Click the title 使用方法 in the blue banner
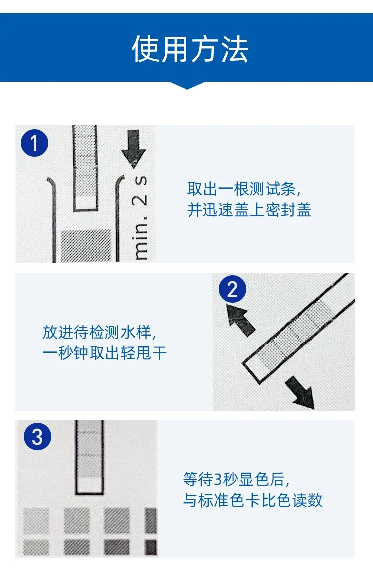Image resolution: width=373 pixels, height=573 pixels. pos(190,49)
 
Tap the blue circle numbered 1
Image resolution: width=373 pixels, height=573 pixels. pos(35,143)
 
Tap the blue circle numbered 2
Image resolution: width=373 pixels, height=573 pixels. pos(232,289)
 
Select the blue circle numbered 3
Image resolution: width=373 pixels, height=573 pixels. pos(37,436)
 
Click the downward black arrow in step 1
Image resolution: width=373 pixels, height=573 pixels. pos(134,148)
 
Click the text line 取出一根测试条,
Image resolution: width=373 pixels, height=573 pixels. pos(244,189)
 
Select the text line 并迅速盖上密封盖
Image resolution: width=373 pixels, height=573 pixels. pos(249,210)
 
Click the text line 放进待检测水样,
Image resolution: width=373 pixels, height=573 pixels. pos(99,332)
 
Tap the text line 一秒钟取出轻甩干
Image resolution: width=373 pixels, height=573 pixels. pos(104,353)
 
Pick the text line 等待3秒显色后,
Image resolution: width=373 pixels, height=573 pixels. pos(237,479)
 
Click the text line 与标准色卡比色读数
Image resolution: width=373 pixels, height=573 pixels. pos(253,500)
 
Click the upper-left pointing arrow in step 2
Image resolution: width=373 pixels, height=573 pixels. pos(240,320)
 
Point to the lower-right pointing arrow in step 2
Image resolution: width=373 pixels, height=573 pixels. pos(300,392)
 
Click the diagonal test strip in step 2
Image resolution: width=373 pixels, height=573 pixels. pos(298,329)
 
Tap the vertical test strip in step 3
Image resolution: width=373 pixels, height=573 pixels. pos(90,458)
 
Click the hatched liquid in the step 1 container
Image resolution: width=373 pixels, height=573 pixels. pos(86,246)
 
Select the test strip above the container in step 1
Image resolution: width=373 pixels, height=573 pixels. pos(86,168)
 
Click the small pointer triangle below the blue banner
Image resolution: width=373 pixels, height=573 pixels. pos(187,85)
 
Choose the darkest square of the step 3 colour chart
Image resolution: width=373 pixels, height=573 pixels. pos(151,547)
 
